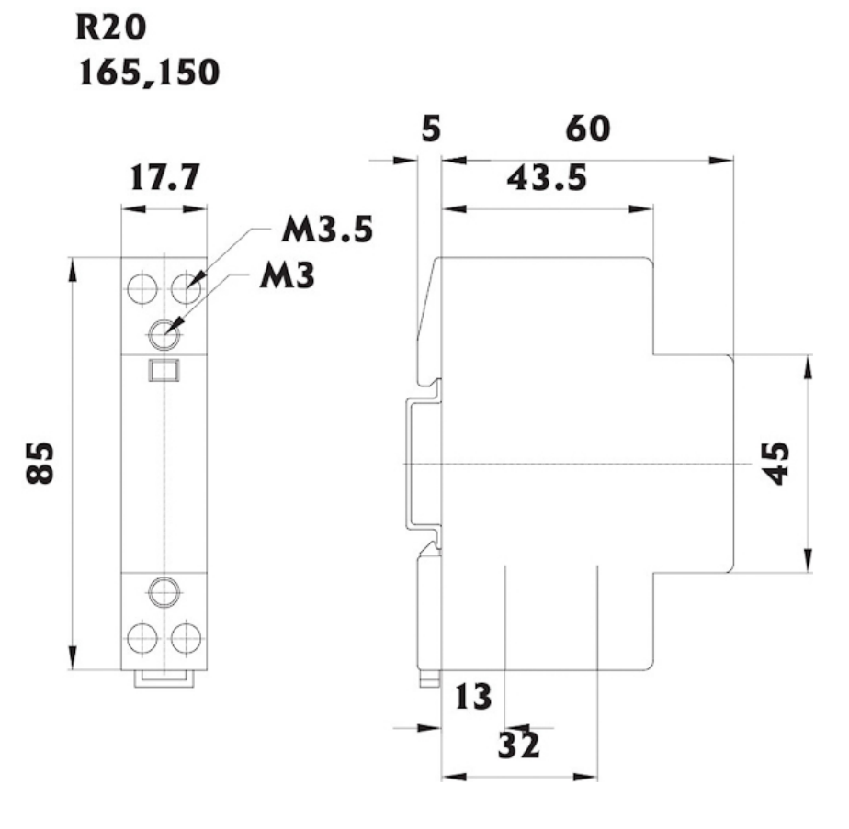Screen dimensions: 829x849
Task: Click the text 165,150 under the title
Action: pos(150,73)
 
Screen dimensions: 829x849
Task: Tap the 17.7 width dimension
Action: pos(164,177)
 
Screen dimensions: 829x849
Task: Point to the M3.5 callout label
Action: pos(326,230)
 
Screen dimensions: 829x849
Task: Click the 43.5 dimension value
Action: pos(548,178)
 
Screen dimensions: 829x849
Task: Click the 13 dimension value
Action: pos(473,697)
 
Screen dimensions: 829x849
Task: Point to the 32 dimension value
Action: pos(519,744)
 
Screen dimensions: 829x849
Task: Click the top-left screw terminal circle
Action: pos(141,289)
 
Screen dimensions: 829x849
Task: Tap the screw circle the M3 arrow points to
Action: pos(164,335)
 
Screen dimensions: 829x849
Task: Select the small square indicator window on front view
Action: pos(164,372)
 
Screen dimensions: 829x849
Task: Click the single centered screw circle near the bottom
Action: pos(164,591)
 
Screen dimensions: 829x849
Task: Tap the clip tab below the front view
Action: pos(164,678)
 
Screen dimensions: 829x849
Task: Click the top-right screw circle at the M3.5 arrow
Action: pos(187,289)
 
